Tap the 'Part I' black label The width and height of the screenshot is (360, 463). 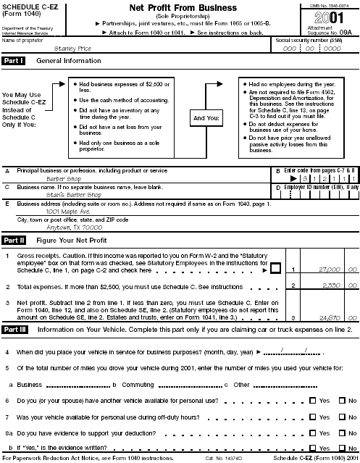tap(14, 61)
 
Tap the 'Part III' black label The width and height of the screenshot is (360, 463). tap(14, 329)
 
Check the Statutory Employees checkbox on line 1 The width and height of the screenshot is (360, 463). tap(275, 270)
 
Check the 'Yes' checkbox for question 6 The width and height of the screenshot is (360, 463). tap(312, 400)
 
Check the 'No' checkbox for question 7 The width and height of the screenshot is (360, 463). tap(342, 417)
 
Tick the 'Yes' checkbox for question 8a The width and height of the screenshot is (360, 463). tap(312, 434)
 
